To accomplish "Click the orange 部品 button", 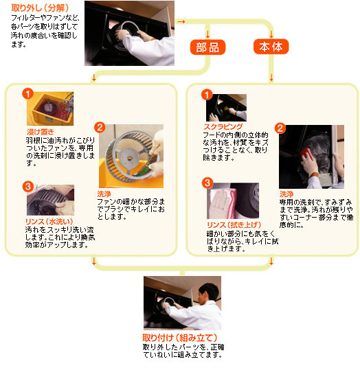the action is [x=207, y=47].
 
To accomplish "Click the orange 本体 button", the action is [x=271, y=47].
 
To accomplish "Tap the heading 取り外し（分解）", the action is [x=40, y=8].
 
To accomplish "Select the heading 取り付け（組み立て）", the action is [x=180, y=338].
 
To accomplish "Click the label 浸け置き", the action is [x=41, y=131].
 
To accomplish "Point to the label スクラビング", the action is [x=223, y=127].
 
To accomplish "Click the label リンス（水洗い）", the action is [x=49, y=222].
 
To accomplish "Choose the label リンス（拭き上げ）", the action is [x=234, y=225].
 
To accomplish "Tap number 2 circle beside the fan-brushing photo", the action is [x=100, y=128].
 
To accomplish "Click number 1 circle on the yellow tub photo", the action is [x=27, y=94].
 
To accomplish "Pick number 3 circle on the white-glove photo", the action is [x=207, y=183].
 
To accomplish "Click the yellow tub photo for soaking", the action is [x=50, y=108].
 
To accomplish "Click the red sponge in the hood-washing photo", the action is [x=306, y=153].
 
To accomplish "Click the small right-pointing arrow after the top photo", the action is [x=181, y=21].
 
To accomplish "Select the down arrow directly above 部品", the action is [x=207, y=34].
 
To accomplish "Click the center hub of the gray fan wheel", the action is [x=128, y=157].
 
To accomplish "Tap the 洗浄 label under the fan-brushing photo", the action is [x=104, y=194].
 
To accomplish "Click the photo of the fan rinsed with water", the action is [x=50, y=200].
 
